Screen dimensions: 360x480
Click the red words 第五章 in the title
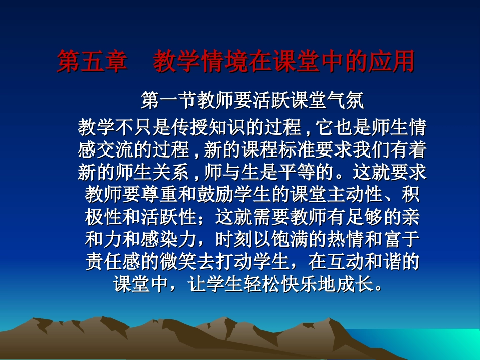91,62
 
